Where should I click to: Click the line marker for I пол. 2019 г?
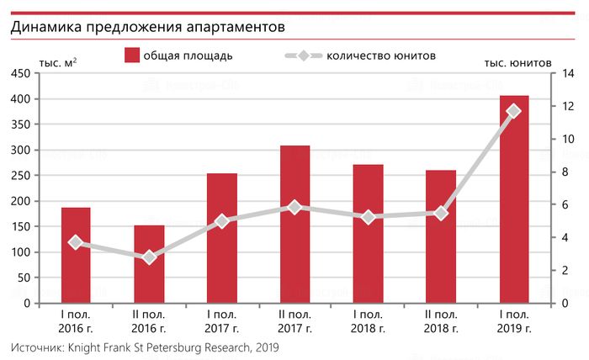pyautogui.click(x=514, y=111)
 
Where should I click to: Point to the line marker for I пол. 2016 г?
pyautogui.click(x=76, y=242)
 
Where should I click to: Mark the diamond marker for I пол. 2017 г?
pyautogui.click(x=222, y=221)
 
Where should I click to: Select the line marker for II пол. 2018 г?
pyautogui.click(x=441, y=213)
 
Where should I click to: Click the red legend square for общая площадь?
pyautogui.click(x=131, y=56)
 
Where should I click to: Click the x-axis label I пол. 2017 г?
pyautogui.click(x=222, y=321)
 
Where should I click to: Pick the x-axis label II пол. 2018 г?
pyautogui.click(x=441, y=321)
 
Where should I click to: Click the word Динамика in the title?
pyautogui.click(x=41, y=27)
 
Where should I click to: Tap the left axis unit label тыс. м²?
pyautogui.click(x=58, y=63)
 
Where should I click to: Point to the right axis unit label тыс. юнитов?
pyautogui.click(x=517, y=63)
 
